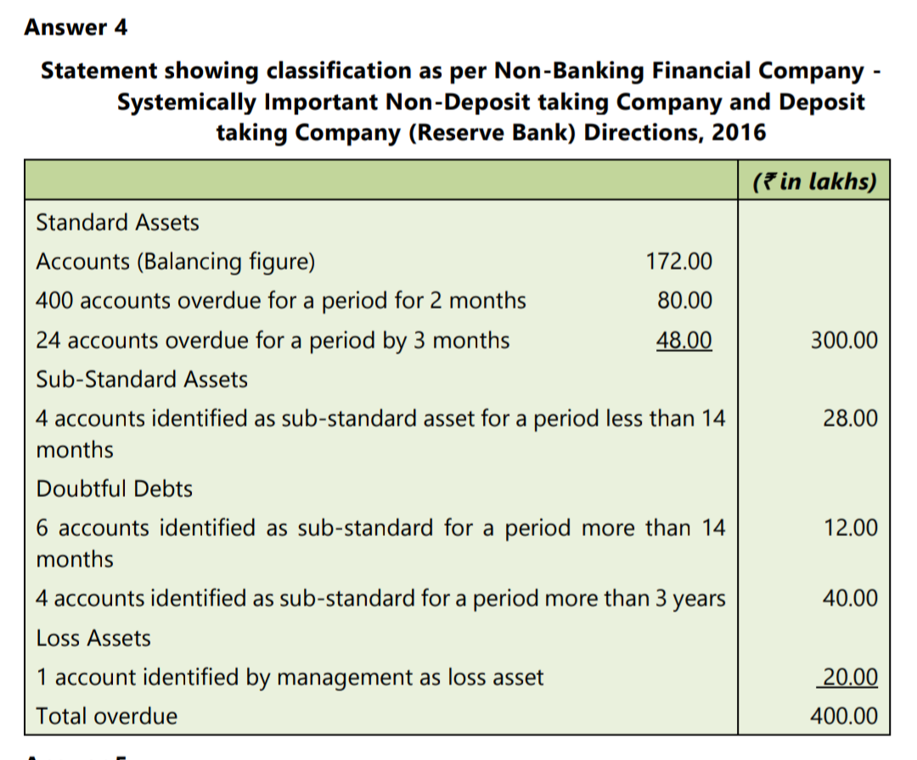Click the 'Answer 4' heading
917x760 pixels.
point(76,27)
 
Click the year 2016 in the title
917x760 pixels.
point(739,132)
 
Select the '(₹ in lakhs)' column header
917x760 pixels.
point(814,181)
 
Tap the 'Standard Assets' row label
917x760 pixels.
point(117,222)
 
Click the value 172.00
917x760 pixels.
point(679,261)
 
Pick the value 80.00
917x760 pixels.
point(685,300)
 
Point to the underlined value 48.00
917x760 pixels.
point(684,340)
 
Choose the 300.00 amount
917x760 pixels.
point(844,340)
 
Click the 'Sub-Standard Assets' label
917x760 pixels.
point(142,380)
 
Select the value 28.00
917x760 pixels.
point(850,418)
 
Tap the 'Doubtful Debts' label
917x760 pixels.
point(114,489)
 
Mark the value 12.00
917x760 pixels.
point(850,528)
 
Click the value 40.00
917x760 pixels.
point(850,598)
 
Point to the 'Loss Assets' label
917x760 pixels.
point(93,638)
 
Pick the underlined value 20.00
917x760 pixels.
point(850,677)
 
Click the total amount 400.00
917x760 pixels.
point(844,716)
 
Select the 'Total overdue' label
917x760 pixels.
point(106,716)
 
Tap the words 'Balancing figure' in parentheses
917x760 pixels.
point(226,262)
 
